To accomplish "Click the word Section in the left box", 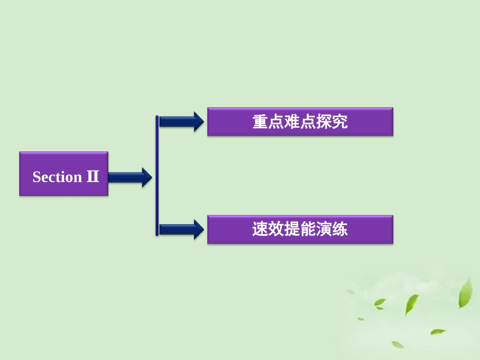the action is point(57,177).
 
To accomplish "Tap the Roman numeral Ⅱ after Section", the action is point(92,176).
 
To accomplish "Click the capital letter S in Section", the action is point(36,177).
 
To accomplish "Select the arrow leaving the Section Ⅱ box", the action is point(129,177).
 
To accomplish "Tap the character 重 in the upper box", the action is point(260,122).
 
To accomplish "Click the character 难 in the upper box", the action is point(292,122).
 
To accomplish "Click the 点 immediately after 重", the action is point(276,122).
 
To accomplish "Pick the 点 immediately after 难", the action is point(308,122).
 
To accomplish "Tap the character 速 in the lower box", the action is point(260,230).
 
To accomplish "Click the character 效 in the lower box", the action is point(276,230).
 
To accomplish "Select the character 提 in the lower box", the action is point(292,230).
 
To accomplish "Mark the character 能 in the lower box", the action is point(308,230).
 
